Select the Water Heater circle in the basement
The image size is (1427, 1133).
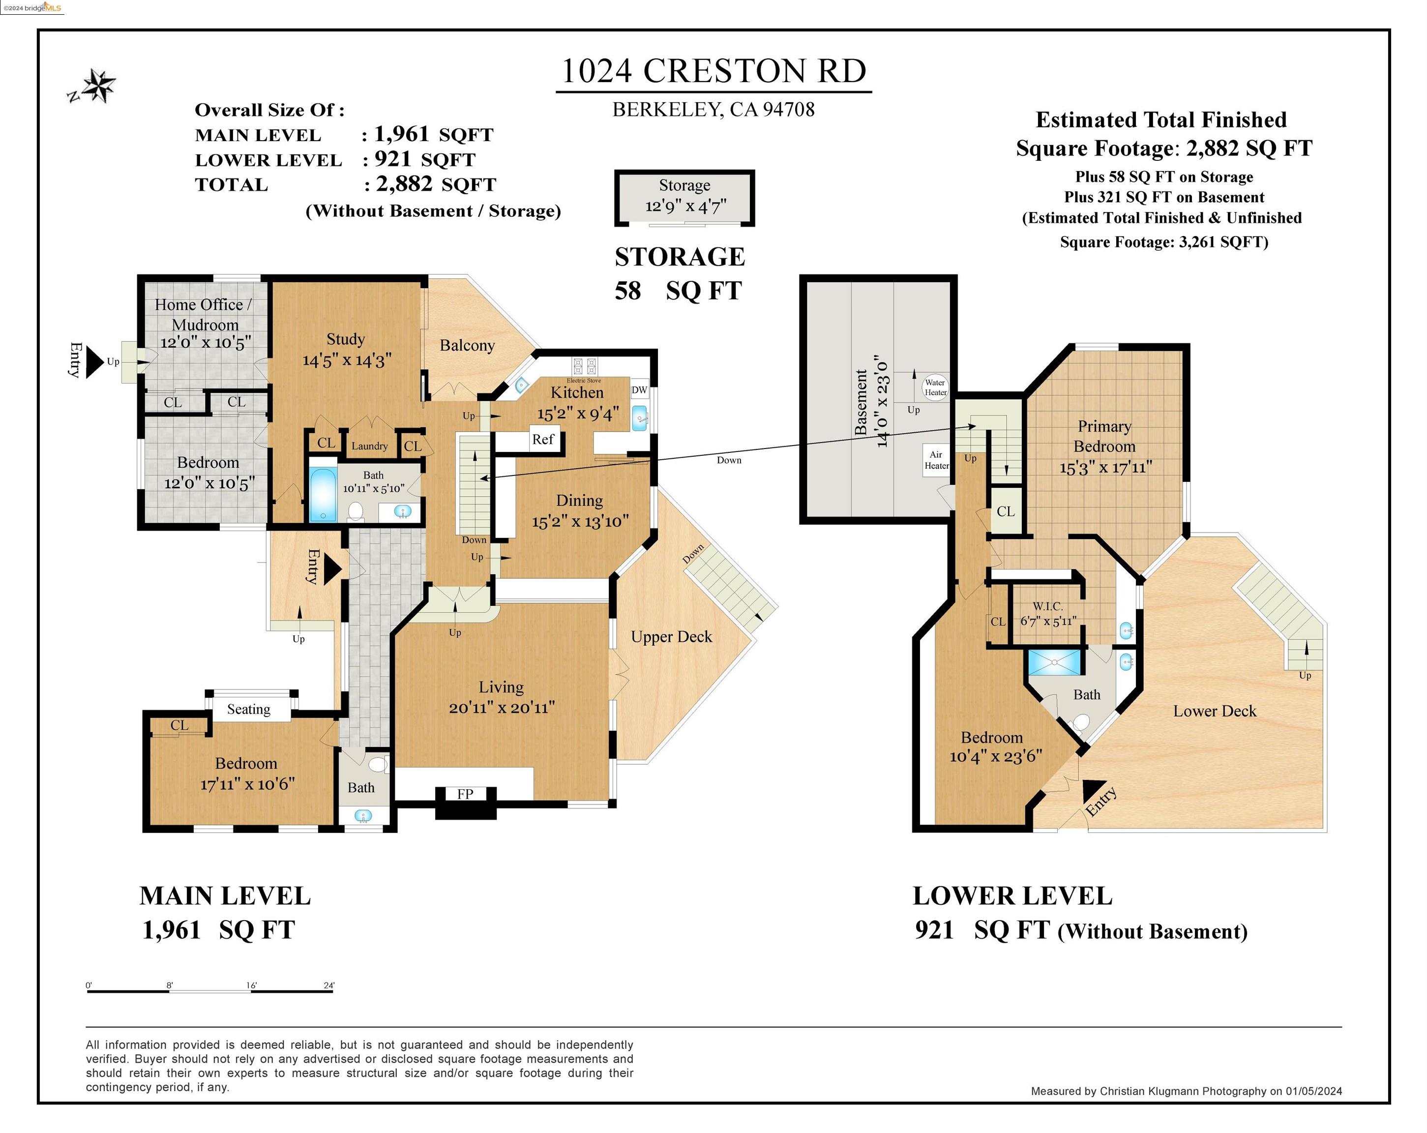[x=935, y=387]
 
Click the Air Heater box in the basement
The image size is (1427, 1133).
[x=935, y=460]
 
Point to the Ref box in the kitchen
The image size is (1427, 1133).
[x=543, y=440]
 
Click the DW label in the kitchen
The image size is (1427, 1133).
[x=639, y=390]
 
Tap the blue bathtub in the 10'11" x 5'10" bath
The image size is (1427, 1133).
[x=323, y=495]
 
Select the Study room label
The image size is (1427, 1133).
[x=346, y=339]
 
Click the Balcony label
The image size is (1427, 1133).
[x=467, y=346]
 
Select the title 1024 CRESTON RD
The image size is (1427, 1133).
[x=713, y=71]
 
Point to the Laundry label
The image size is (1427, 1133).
[x=369, y=446]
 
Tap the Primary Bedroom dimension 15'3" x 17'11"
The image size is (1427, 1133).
[x=1105, y=468]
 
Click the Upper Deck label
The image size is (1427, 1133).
[x=671, y=637]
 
